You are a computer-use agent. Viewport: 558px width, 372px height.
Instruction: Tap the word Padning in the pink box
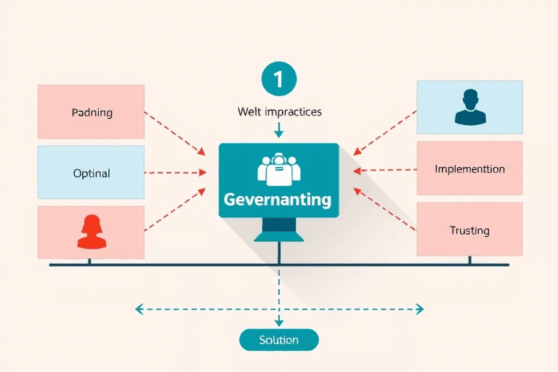pyautogui.click(x=92, y=113)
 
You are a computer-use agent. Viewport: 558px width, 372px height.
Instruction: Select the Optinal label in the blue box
pyautogui.click(x=92, y=174)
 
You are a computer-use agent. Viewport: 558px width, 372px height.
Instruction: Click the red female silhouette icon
pyautogui.click(x=92, y=232)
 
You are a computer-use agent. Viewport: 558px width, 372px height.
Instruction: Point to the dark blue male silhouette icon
pyautogui.click(x=469, y=107)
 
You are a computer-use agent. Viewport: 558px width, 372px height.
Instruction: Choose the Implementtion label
pyautogui.click(x=469, y=169)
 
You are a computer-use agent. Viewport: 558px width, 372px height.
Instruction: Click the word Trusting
pyautogui.click(x=469, y=230)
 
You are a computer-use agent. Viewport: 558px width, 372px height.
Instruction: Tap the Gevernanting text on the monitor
pyautogui.click(x=278, y=199)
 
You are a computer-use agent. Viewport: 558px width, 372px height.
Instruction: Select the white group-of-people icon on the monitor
pyautogui.click(x=278, y=169)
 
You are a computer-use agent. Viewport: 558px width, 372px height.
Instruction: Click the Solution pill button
pyautogui.click(x=279, y=339)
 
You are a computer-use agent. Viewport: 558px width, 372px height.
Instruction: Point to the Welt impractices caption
pyautogui.click(x=279, y=113)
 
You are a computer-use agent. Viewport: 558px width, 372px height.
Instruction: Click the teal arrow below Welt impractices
pyautogui.click(x=279, y=131)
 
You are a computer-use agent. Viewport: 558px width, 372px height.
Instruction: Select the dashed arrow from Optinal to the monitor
pyautogui.click(x=177, y=174)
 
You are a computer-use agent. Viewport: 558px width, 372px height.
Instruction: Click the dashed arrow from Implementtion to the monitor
pyautogui.click(x=385, y=171)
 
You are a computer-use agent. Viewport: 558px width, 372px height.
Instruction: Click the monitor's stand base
pyautogui.click(x=279, y=237)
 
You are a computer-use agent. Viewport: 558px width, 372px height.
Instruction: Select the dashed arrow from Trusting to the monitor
pyautogui.click(x=385, y=208)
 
